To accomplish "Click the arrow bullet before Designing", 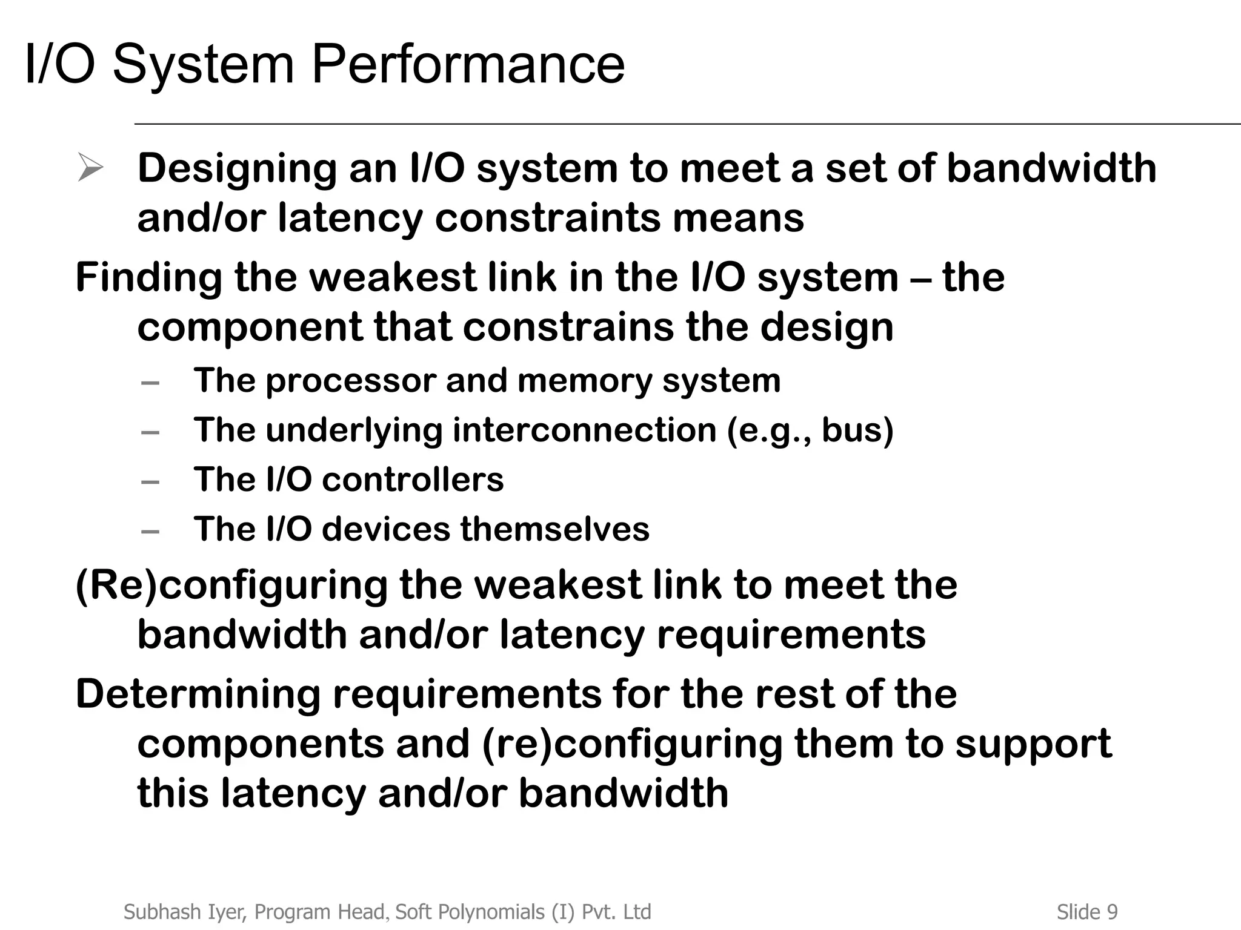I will tap(90, 168).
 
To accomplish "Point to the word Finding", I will tap(148, 278).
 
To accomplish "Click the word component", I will tap(249, 328).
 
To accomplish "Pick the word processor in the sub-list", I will tap(351, 381).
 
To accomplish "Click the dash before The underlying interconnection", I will tap(150, 432).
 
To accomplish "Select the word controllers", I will tap(413, 480).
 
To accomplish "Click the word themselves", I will tap(554, 529).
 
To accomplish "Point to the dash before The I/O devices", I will tap(150, 532).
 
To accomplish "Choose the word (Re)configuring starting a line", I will tap(231, 586).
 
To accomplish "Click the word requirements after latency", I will tap(791, 635).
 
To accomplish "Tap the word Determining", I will tap(198, 694).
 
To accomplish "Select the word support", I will tap(1033, 744).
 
